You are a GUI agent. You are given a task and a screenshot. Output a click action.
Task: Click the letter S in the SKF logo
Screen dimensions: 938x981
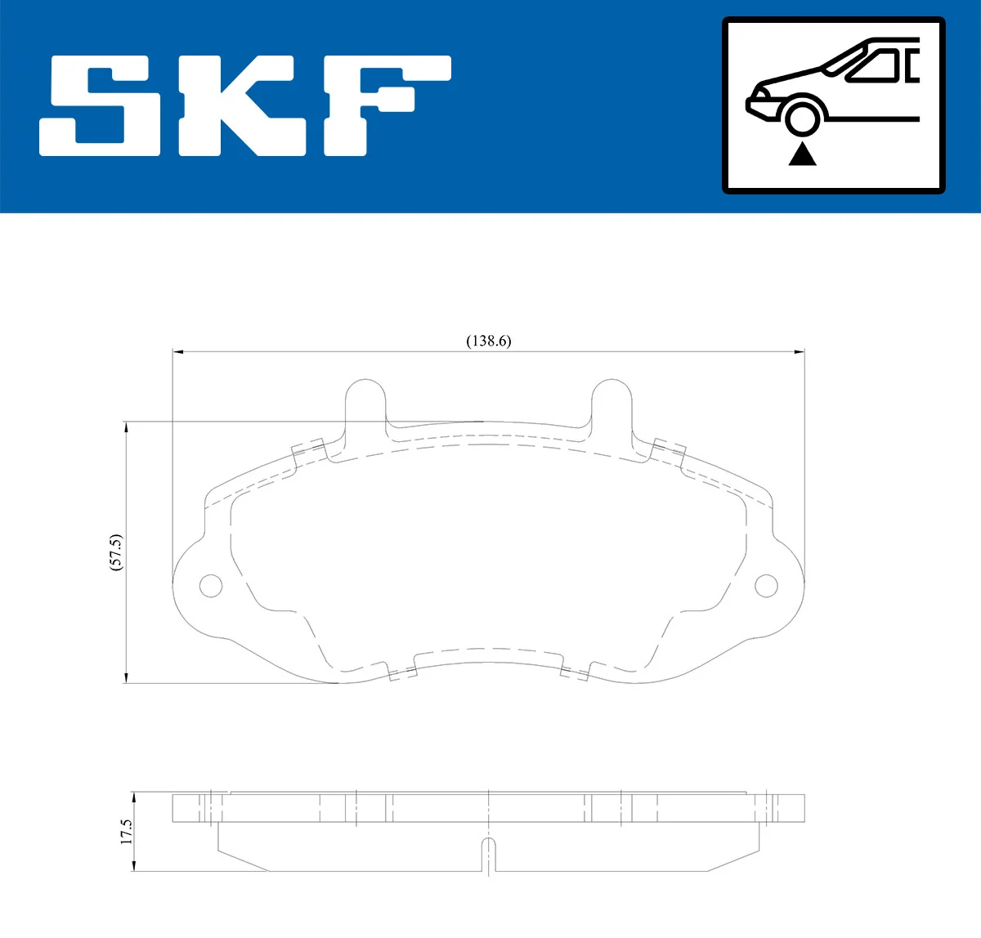click(100, 106)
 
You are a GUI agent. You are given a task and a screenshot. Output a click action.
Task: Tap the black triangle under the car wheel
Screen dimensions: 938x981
click(802, 154)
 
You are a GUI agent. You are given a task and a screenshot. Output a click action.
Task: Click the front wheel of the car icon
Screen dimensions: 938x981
click(802, 116)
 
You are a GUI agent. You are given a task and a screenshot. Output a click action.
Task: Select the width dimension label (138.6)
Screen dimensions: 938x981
click(488, 341)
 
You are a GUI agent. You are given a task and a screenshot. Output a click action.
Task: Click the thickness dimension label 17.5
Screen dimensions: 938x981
click(126, 832)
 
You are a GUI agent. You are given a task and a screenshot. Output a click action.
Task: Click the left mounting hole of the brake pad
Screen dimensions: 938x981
click(211, 585)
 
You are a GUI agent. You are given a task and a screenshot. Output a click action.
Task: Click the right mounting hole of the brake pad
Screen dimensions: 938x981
click(766, 585)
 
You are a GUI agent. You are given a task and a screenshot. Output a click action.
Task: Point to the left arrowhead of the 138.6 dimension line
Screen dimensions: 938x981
click(178, 352)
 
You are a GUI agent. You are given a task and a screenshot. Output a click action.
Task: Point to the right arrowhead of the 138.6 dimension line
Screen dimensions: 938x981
click(800, 352)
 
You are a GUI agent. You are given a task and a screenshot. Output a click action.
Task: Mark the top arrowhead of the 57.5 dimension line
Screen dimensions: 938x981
click(126, 427)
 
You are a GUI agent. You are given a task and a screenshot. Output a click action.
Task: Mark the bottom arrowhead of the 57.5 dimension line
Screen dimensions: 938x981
click(126, 677)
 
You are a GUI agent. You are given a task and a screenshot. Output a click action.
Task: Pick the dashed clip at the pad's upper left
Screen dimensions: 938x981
click(309, 452)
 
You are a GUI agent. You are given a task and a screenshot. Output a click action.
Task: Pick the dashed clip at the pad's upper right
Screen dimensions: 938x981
click(669, 452)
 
